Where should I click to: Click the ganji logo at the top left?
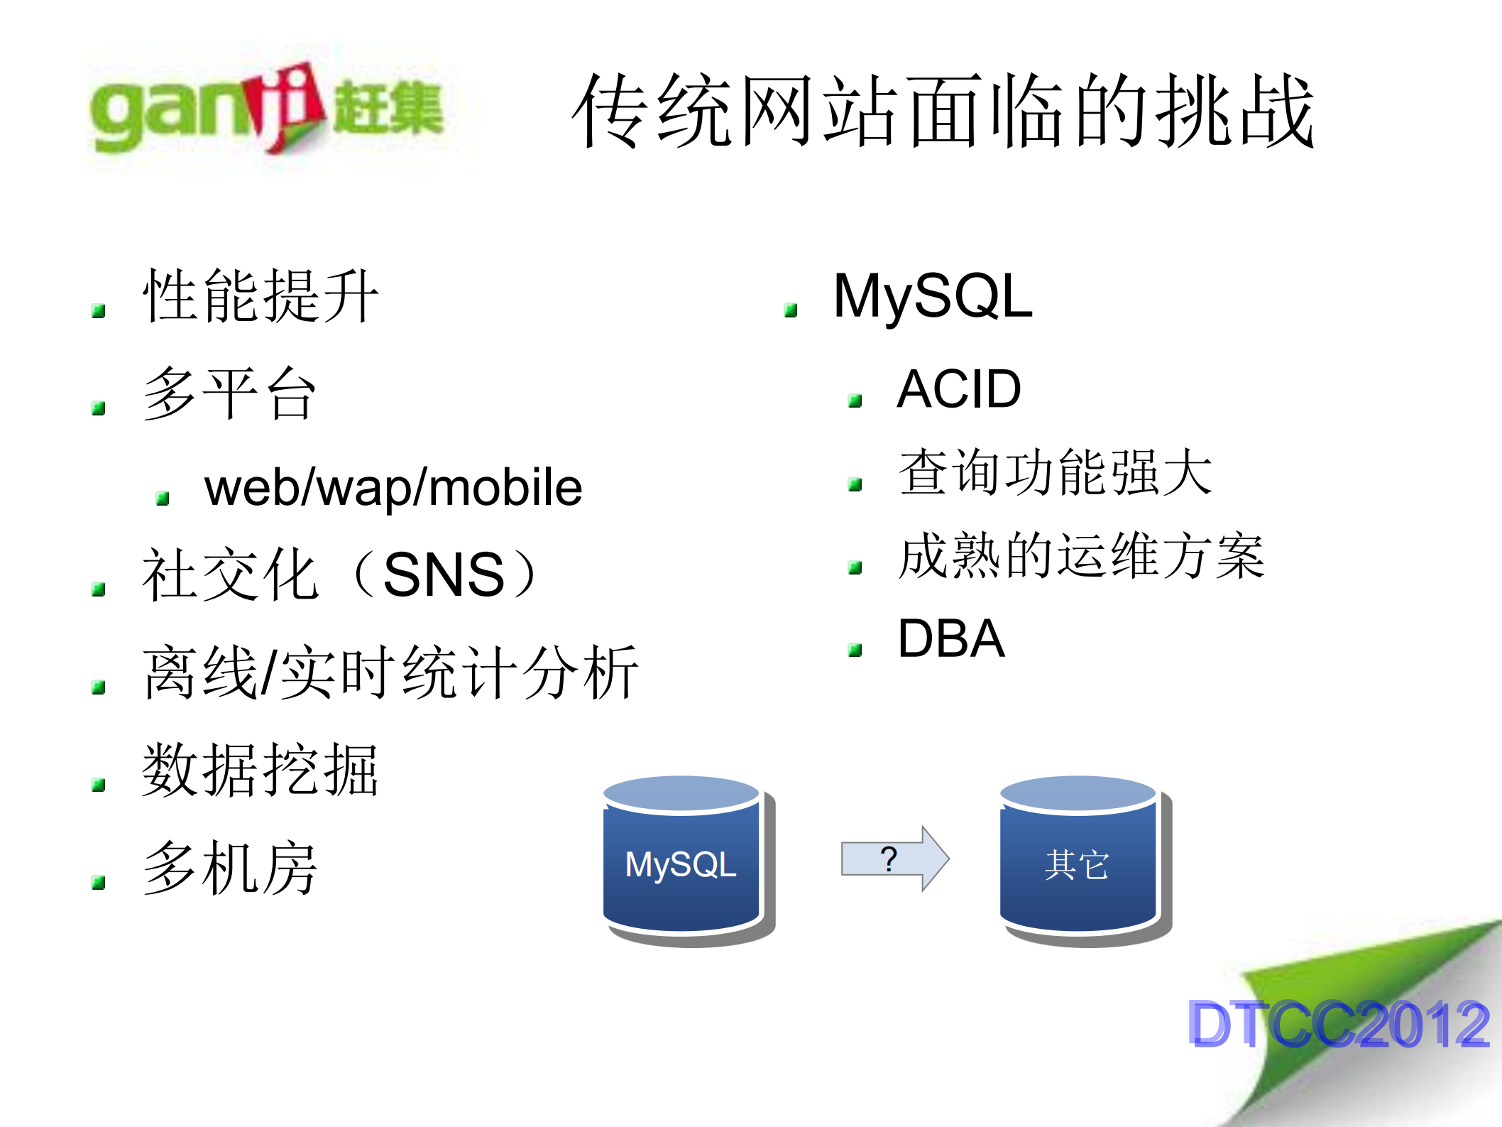[x=266, y=109]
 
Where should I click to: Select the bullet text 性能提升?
[x=260, y=296]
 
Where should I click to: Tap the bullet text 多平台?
[x=229, y=393]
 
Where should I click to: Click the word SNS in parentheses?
[x=444, y=575]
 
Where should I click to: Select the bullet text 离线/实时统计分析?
[x=390, y=673]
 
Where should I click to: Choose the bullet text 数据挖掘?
[x=260, y=770]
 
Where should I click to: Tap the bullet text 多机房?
[x=229, y=867]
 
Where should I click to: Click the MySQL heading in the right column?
[x=932, y=296]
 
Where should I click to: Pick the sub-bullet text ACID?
[x=958, y=389]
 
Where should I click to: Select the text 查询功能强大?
[x=1055, y=472]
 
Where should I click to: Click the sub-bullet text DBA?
[x=950, y=638]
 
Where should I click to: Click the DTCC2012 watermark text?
[x=1337, y=1024]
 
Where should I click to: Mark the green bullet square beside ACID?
[x=855, y=401]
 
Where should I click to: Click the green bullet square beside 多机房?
[x=99, y=883]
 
